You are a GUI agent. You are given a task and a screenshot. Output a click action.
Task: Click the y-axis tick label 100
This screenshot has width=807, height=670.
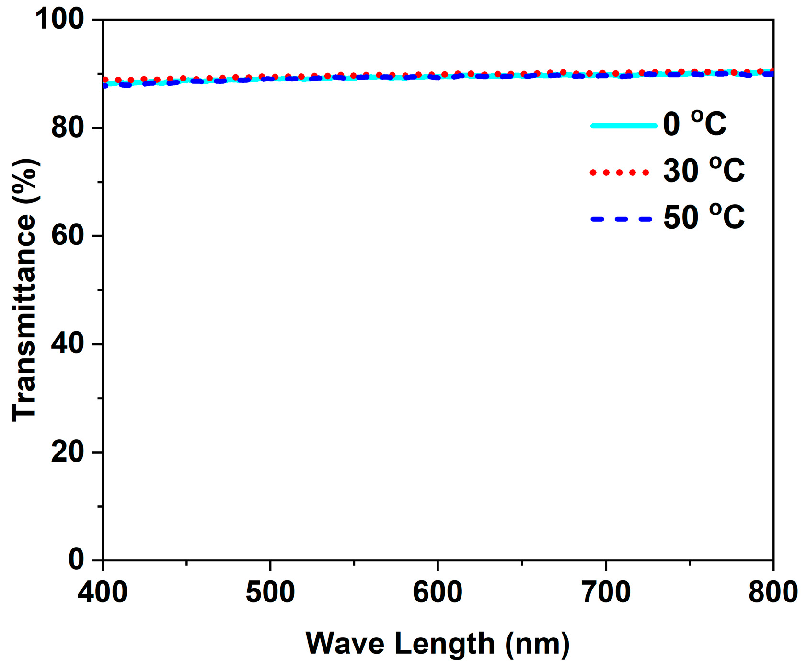tap(59, 20)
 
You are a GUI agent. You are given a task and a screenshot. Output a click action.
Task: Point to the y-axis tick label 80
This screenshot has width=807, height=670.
tap(68, 128)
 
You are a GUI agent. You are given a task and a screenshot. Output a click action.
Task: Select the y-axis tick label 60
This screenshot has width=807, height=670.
tap(68, 236)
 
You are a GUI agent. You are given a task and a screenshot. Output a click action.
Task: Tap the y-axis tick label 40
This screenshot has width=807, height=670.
tap(68, 344)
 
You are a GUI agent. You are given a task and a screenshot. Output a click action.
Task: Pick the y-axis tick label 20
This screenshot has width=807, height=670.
tap(68, 451)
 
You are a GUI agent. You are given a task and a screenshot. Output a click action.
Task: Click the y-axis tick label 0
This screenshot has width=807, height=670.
tap(76, 559)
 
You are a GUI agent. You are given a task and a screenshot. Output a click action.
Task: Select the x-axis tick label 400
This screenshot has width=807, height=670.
tap(103, 592)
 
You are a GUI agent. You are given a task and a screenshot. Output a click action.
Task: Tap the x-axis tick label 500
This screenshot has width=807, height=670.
tap(270, 592)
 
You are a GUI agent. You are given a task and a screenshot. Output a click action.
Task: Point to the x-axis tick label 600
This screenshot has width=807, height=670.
tap(438, 592)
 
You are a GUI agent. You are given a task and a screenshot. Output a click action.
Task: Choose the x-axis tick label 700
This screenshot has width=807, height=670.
tap(606, 592)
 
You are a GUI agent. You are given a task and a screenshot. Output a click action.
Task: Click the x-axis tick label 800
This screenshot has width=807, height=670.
tap(772, 592)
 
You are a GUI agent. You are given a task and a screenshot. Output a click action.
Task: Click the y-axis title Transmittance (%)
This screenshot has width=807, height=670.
tap(25, 290)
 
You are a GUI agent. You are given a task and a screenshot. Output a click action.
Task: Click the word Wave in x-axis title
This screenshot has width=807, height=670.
tap(345, 644)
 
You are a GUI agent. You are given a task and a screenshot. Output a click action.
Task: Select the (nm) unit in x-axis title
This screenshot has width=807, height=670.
tap(537, 644)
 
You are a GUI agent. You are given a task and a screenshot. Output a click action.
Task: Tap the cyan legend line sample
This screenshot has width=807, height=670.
tap(624, 126)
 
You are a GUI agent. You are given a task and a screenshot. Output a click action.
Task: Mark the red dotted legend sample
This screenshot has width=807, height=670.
tap(620, 173)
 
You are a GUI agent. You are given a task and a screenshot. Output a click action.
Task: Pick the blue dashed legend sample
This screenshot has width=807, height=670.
tap(622, 219)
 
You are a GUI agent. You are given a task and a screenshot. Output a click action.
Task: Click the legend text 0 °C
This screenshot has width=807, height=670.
tap(694, 124)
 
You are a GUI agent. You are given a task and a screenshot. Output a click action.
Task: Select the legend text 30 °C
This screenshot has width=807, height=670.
tap(703, 170)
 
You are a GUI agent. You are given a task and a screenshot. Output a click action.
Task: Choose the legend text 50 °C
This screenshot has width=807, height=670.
tap(703, 217)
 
